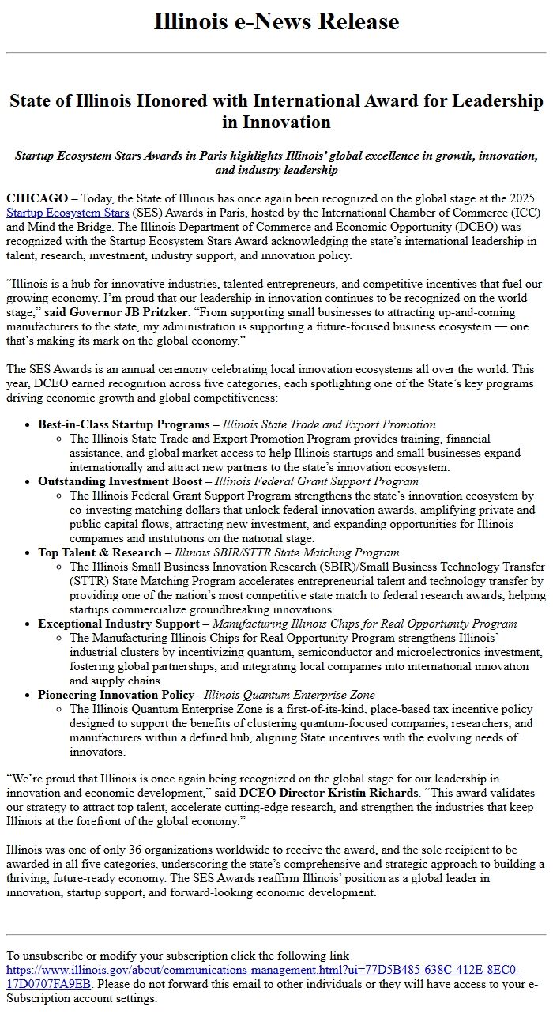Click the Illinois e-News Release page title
click(x=276, y=21)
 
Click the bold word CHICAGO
click(x=37, y=198)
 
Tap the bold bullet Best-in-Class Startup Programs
click(x=122, y=424)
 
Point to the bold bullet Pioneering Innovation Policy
click(x=116, y=695)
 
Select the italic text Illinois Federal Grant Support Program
click(x=317, y=481)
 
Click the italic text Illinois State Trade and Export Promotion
click(x=329, y=424)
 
